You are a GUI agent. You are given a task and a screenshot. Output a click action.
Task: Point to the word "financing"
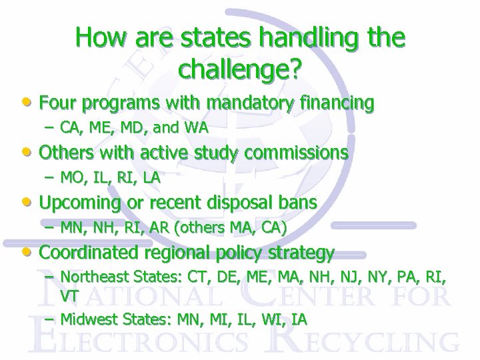pyautogui.click(x=337, y=103)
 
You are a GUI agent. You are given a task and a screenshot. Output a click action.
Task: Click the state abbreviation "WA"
pyautogui.click(x=197, y=127)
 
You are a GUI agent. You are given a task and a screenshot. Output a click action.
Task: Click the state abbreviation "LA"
pyautogui.click(x=151, y=178)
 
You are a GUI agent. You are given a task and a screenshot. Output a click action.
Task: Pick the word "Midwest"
pyautogui.click(x=85, y=319)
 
